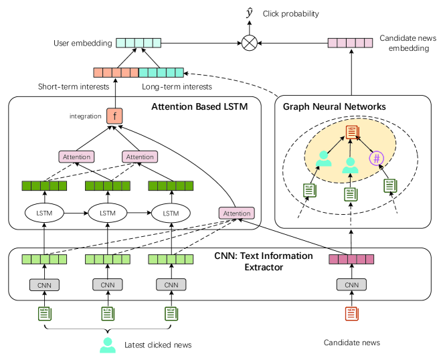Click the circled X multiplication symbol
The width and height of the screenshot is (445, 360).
[x=250, y=43]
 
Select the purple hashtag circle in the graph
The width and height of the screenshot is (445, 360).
[x=377, y=159]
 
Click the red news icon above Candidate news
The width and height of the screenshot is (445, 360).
[x=351, y=312]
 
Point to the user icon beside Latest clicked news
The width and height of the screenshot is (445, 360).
[x=106, y=345]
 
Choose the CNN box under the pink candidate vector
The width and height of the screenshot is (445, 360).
[x=351, y=285]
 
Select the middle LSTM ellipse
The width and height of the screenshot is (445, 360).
[x=108, y=213]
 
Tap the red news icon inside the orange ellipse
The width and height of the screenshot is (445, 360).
[x=351, y=132]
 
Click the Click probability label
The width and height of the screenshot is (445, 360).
[x=291, y=14]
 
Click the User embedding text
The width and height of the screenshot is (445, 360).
[x=82, y=43]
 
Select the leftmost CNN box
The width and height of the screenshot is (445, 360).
[x=43, y=285]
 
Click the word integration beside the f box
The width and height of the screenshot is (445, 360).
[x=86, y=116]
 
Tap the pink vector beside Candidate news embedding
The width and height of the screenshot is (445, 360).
[x=351, y=43]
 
